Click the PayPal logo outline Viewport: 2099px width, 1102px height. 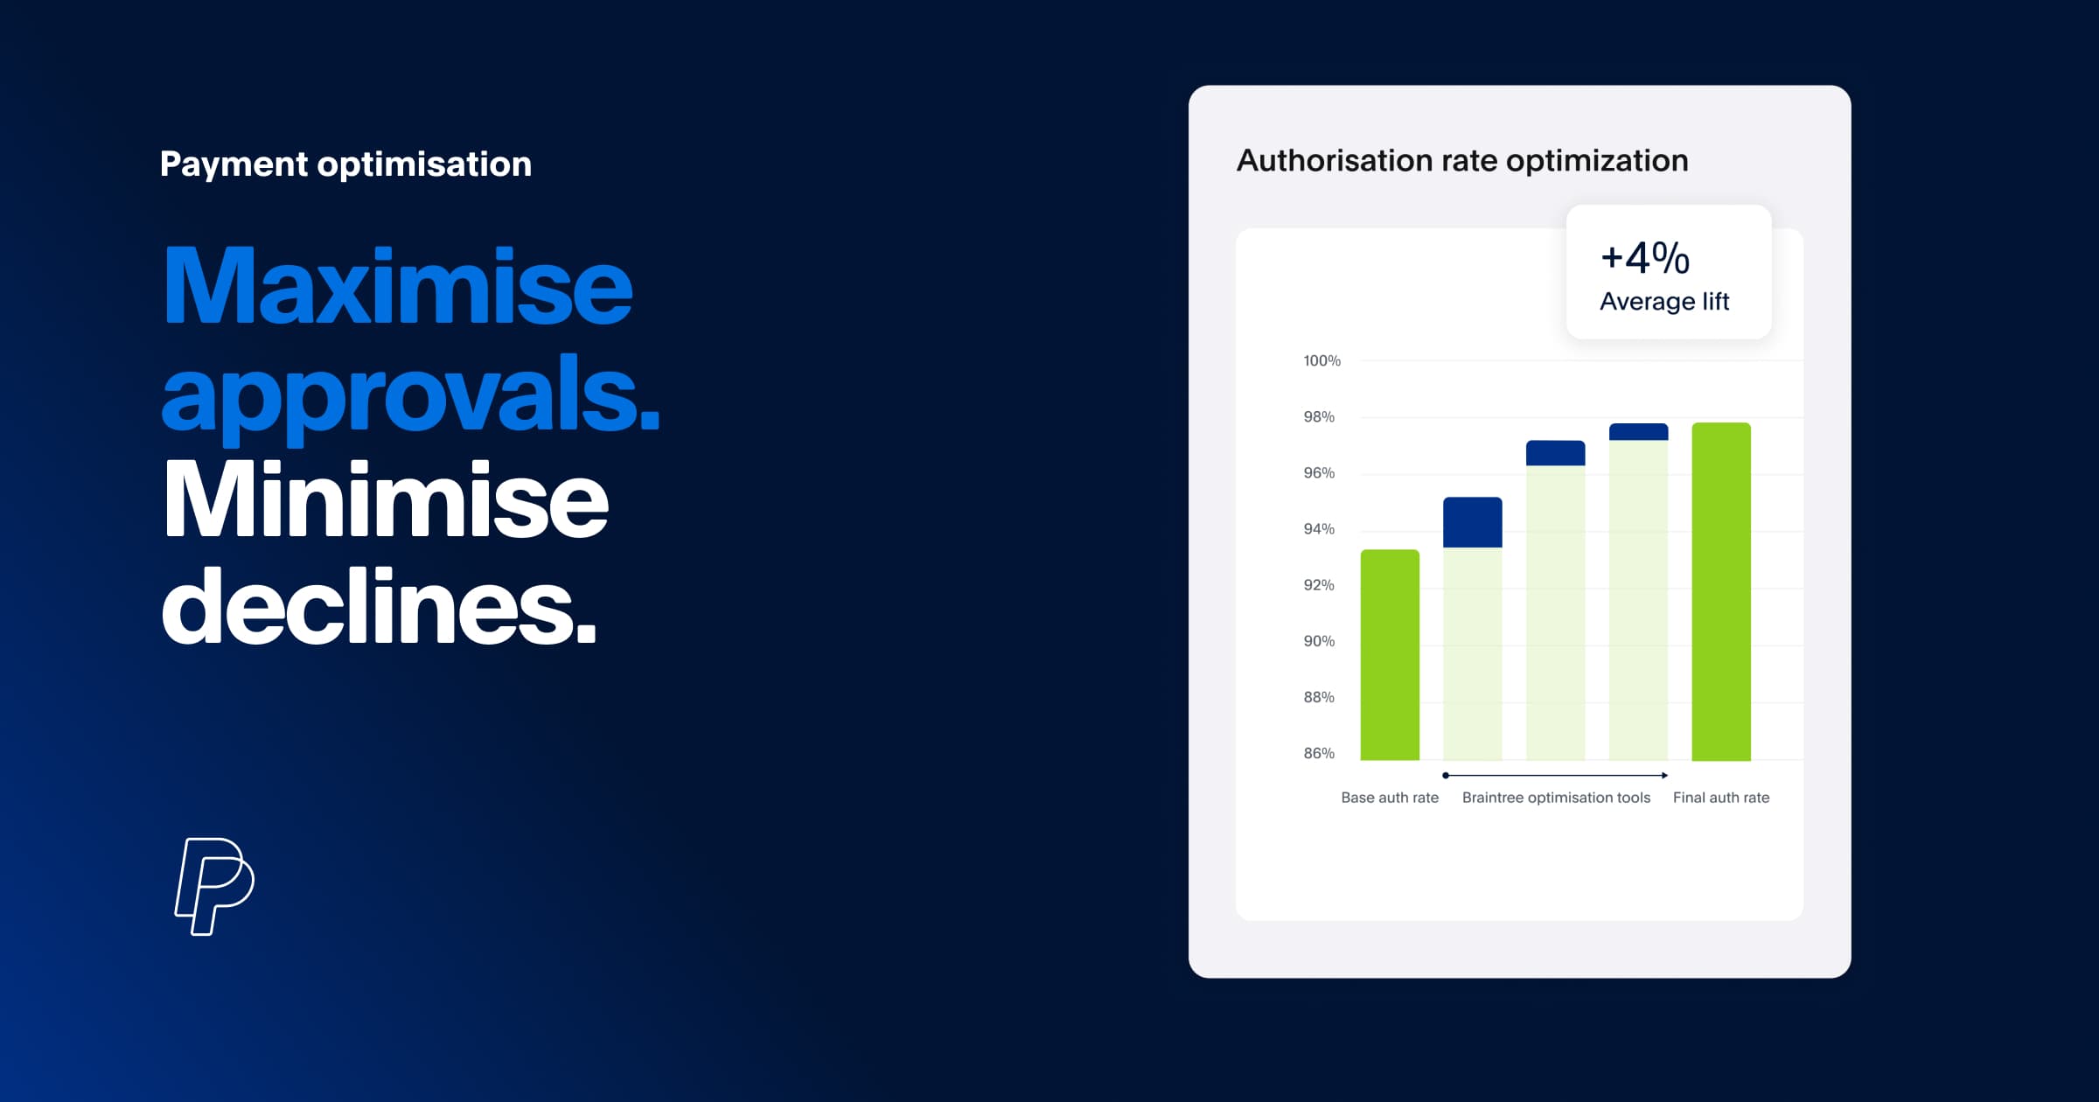(214, 885)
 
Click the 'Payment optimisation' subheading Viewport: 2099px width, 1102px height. (345, 164)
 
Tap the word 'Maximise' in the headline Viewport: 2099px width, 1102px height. (398, 286)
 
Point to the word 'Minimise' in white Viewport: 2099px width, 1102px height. (386, 500)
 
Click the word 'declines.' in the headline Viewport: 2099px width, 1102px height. (379, 607)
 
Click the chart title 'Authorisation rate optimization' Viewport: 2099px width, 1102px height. (1461, 161)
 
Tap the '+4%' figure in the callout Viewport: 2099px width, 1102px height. (1644, 258)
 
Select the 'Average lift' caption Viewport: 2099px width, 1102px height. (1664, 302)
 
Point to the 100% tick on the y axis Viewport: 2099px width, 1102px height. (1321, 361)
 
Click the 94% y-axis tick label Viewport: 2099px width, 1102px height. (1319, 529)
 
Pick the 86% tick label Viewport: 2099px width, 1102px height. (1319, 753)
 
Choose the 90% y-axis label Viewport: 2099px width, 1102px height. (1319, 641)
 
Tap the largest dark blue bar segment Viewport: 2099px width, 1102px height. (1473, 522)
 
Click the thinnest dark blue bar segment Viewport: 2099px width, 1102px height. (1638, 432)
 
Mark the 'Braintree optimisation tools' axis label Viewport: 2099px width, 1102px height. (1556, 798)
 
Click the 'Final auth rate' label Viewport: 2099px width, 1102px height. (1720, 798)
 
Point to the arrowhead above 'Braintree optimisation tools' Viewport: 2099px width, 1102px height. (1663, 776)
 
